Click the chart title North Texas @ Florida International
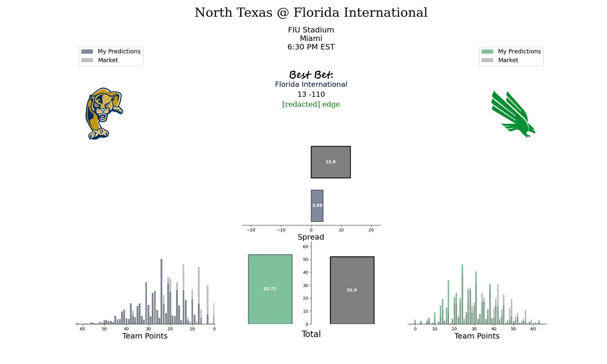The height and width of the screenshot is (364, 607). (311, 13)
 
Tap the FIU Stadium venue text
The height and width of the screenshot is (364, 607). (311, 30)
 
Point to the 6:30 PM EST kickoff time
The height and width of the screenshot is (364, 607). (311, 47)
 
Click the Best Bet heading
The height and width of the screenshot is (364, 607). (311, 74)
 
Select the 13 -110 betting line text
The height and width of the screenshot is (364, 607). (311, 94)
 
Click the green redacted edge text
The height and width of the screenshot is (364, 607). (311, 104)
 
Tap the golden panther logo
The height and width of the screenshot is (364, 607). (104, 113)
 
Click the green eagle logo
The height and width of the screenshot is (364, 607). (513, 114)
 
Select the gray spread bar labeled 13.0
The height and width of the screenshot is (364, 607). (331, 162)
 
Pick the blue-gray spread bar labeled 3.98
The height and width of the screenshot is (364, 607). (317, 206)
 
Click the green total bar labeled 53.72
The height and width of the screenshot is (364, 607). (270, 289)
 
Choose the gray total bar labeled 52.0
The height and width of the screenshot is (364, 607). (352, 290)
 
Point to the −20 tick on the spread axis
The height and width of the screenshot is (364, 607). (251, 230)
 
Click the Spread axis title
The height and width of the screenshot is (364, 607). (311, 237)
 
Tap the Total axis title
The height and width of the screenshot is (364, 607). (311, 334)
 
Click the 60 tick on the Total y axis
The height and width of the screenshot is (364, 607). (306, 247)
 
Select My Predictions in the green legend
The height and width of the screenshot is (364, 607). (519, 51)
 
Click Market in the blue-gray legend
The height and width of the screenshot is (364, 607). (108, 60)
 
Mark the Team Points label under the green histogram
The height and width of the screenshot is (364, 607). (476, 336)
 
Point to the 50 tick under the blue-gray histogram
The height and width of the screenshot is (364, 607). (104, 329)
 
